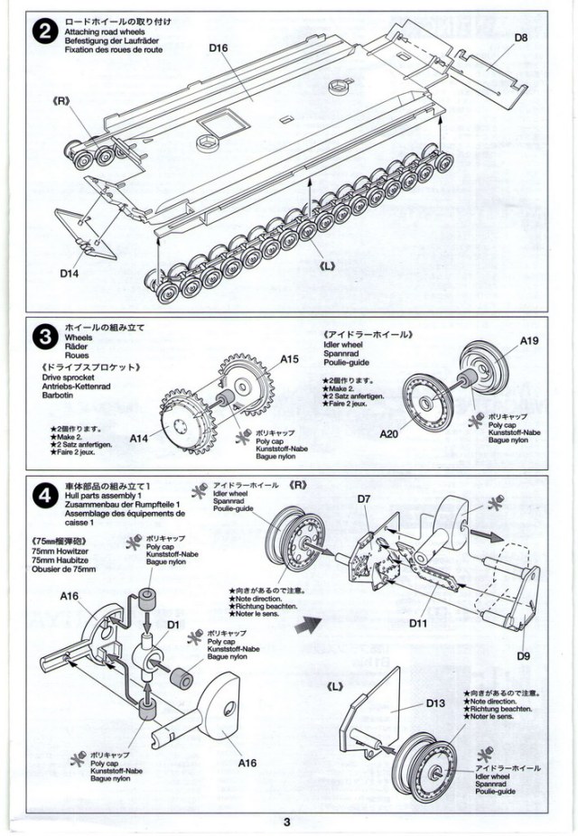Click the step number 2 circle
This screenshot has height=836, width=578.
pyautogui.click(x=42, y=32)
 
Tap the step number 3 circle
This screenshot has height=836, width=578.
pyautogui.click(x=42, y=338)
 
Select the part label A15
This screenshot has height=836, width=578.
pyautogui.click(x=288, y=358)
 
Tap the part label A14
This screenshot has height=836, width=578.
pyautogui.click(x=138, y=438)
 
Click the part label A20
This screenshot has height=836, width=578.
pyautogui.click(x=387, y=433)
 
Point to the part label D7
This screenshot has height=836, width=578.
pyautogui.click(x=365, y=498)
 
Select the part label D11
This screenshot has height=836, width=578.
pyautogui.click(x=417, y=623)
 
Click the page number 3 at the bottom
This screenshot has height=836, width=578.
pyautogui.click(x=286, y=822)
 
